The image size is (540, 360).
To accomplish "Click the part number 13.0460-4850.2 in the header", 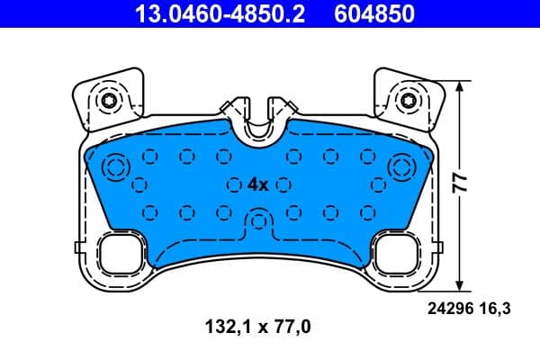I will [x=208, y=13].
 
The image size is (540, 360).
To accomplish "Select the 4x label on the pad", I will [x=258, y=184].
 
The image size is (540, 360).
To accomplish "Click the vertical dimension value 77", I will [x=461, y=185].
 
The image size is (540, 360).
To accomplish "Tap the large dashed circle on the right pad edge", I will [x=400, y=166].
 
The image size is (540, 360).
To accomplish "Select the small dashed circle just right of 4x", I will [x=284, y=184].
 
